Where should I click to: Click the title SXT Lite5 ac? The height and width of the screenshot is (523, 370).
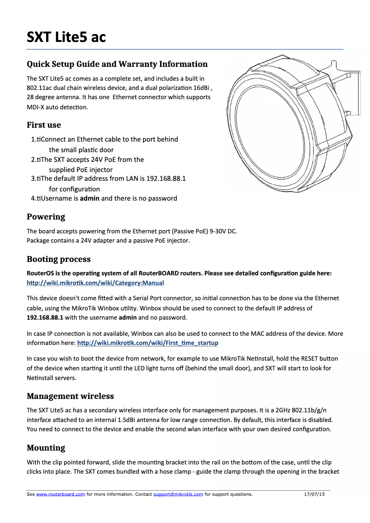(66, 36)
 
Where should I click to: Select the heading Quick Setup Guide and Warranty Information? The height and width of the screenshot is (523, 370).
(117, 64)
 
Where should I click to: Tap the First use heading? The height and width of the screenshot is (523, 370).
(44, 125)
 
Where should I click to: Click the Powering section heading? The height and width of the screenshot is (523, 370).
(46, 217)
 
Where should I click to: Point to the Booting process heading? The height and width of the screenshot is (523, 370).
(59, 259)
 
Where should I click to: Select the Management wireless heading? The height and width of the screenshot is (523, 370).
(70, 396)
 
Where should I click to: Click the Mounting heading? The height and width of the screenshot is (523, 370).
(46, 448)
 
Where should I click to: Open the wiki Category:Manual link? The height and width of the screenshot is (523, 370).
(95, 283)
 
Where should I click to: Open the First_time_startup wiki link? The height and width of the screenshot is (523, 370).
(148, 343)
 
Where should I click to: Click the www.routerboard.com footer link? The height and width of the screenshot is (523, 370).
(60, 494)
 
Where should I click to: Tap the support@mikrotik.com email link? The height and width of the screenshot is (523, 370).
(178, 494)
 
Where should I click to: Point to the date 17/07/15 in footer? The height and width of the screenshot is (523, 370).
(315, 494)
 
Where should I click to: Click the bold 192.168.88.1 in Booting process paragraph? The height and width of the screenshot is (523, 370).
(45, 318)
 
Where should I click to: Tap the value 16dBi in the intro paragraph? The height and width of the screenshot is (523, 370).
(200, 88)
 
